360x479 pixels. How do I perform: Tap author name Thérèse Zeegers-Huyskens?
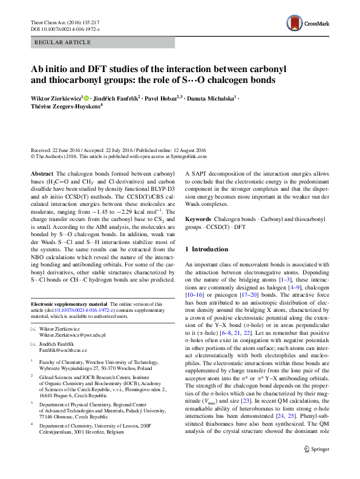tap(65, 107)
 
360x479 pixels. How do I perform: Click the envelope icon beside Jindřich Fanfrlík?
tap(33, 343)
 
